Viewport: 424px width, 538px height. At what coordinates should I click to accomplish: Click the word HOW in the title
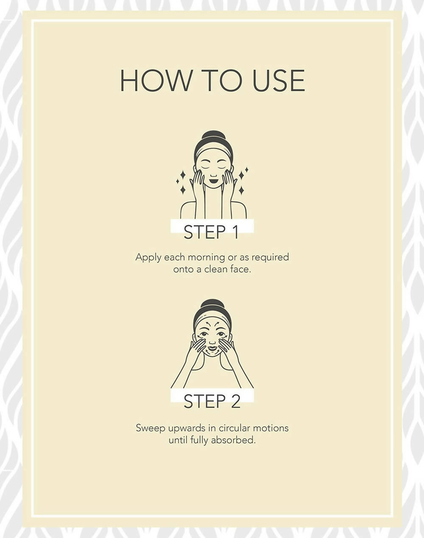[155, 80]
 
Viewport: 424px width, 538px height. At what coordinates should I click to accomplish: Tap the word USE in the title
[279, 80]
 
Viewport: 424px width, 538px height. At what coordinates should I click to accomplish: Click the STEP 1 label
[212, 232]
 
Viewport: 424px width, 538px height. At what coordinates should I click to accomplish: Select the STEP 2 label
[212, 401]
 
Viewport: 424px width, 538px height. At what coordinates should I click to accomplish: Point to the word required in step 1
[270, 258]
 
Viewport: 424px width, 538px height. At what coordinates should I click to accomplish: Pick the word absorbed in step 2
[233, 440]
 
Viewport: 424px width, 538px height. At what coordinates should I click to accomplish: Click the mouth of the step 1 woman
[213, 180]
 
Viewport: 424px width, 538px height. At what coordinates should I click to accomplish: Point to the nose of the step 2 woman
[212, 342]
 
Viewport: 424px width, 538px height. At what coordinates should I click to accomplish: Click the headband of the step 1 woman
[214, 151]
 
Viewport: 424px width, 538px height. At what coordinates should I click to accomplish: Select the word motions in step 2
[271, 428]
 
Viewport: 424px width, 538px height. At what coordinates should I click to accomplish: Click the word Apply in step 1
[148, 258]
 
